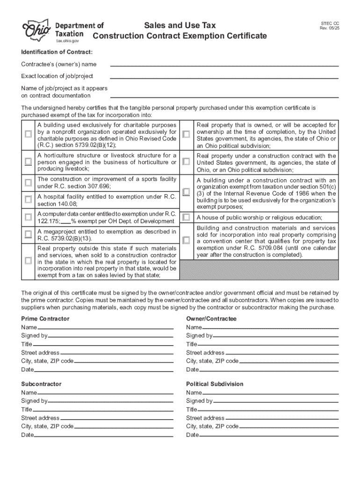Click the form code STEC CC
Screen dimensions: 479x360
pos(330,23)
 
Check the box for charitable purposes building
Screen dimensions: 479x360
pos(28,135)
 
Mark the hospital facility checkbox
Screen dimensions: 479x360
pos(28,200)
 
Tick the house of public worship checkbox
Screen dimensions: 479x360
pos(187,218)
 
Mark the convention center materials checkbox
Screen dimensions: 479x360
pos(187,240)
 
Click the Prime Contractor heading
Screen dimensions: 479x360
pos(45,319)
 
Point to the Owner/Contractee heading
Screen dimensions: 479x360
pos(211,319)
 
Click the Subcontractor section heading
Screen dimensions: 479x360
pos(41,384)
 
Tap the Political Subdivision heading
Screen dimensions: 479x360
pos(215,384)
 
